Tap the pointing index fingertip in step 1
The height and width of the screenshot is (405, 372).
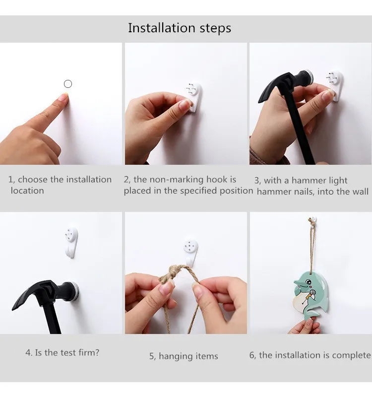[64, 96]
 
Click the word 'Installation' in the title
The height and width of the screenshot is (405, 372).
[161, 28]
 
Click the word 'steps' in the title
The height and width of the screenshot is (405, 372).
[215, 28]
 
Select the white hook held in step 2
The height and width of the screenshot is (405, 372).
[194, 97]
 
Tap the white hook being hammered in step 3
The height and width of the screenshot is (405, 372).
[335, 86]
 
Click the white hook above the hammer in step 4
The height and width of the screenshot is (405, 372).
[71, 242]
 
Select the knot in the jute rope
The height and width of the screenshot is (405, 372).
[174, 273]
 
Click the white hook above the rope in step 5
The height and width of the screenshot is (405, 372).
[191, 252]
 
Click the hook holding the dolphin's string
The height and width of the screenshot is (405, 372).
[313, 220]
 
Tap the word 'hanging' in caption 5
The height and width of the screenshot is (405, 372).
[176, 356]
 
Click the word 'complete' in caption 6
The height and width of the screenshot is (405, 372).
[351, 356]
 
